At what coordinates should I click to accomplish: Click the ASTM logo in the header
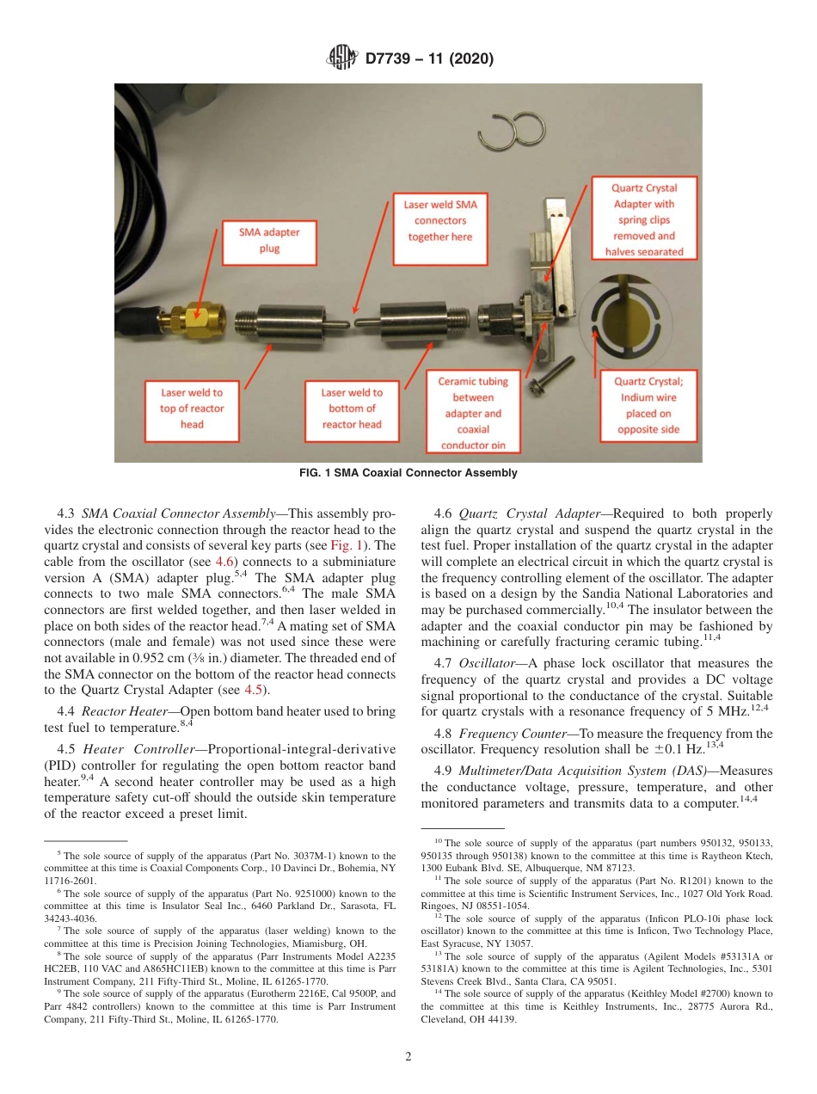coord(344,58)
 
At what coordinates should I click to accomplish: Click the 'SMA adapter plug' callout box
coord(269,240)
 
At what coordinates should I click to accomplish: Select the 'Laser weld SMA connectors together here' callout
coord(440,220)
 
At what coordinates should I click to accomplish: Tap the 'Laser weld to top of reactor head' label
coord(192,408)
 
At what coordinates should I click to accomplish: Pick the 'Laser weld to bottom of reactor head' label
coord(352,408)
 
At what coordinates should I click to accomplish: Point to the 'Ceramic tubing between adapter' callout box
coord(473,412)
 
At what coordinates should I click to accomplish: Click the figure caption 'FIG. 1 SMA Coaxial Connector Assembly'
coord(408,473)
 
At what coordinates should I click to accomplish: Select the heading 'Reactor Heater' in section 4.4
coord(120,711)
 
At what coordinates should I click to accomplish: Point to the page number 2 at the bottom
coord(408,1057)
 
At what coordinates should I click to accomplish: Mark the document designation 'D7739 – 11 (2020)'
coord(429,58)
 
